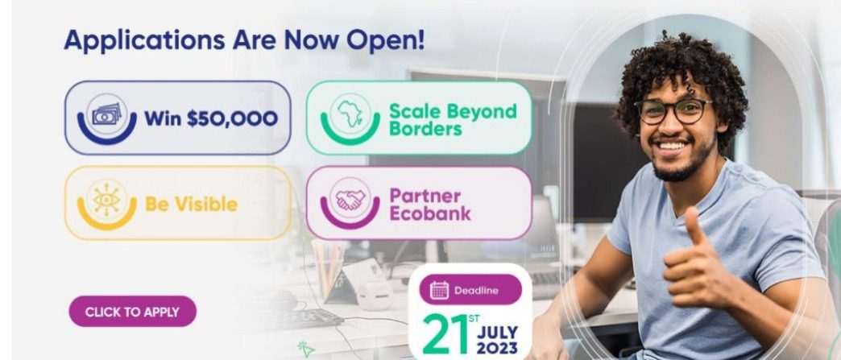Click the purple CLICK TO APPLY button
[132, 311]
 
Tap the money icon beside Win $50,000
[107, 114]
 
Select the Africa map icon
[350, 114]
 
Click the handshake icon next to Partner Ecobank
[350, 200]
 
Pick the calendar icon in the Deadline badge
[439, 290]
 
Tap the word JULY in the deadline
[498, 332]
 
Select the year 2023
[497, 348]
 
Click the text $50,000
[232, 118]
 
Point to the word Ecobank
[429, 213]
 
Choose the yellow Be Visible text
[191, 204]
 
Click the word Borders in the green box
[425, 129]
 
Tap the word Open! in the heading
[385, 39]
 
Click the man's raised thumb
[692, 226]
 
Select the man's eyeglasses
[673, 111]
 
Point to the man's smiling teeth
[673, 146]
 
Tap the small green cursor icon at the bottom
[306, 350]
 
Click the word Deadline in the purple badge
[476, 291]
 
